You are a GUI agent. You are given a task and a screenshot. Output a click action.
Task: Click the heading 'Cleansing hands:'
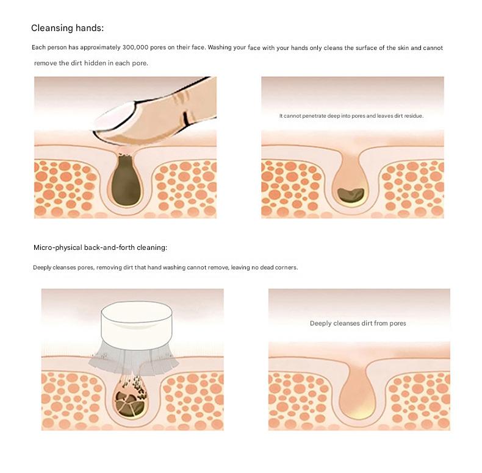[x=67, y=28]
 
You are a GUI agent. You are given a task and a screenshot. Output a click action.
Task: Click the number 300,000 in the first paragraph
[x=135, y=48]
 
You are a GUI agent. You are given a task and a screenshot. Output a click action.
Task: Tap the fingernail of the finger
[x=114, y=118]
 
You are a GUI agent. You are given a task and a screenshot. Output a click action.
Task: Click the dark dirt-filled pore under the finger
[x=126, y=180]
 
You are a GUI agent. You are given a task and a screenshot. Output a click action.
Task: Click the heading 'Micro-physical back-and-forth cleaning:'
[x=100, y=247]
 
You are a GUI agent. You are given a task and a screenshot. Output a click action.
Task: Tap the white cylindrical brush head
[x=137, y=324]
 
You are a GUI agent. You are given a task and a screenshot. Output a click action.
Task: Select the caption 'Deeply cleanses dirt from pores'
[x=358, y=323]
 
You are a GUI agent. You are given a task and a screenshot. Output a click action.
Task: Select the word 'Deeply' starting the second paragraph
[x=42, y=268]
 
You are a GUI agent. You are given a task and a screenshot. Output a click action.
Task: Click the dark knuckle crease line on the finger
[x=185, y=119]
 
